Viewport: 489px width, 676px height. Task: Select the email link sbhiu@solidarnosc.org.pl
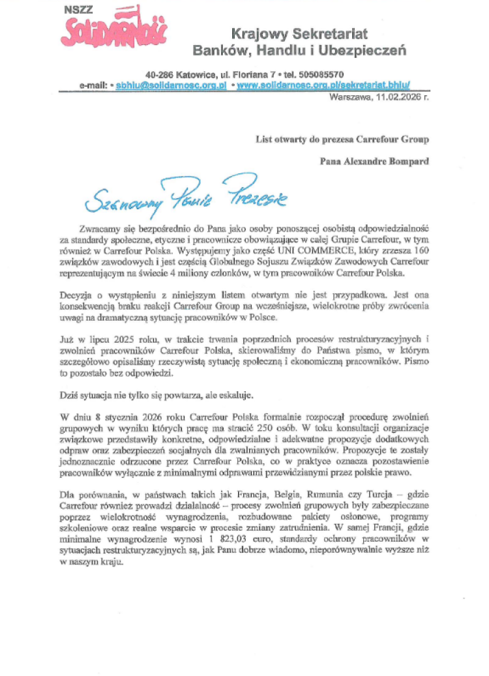click(171, 85)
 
